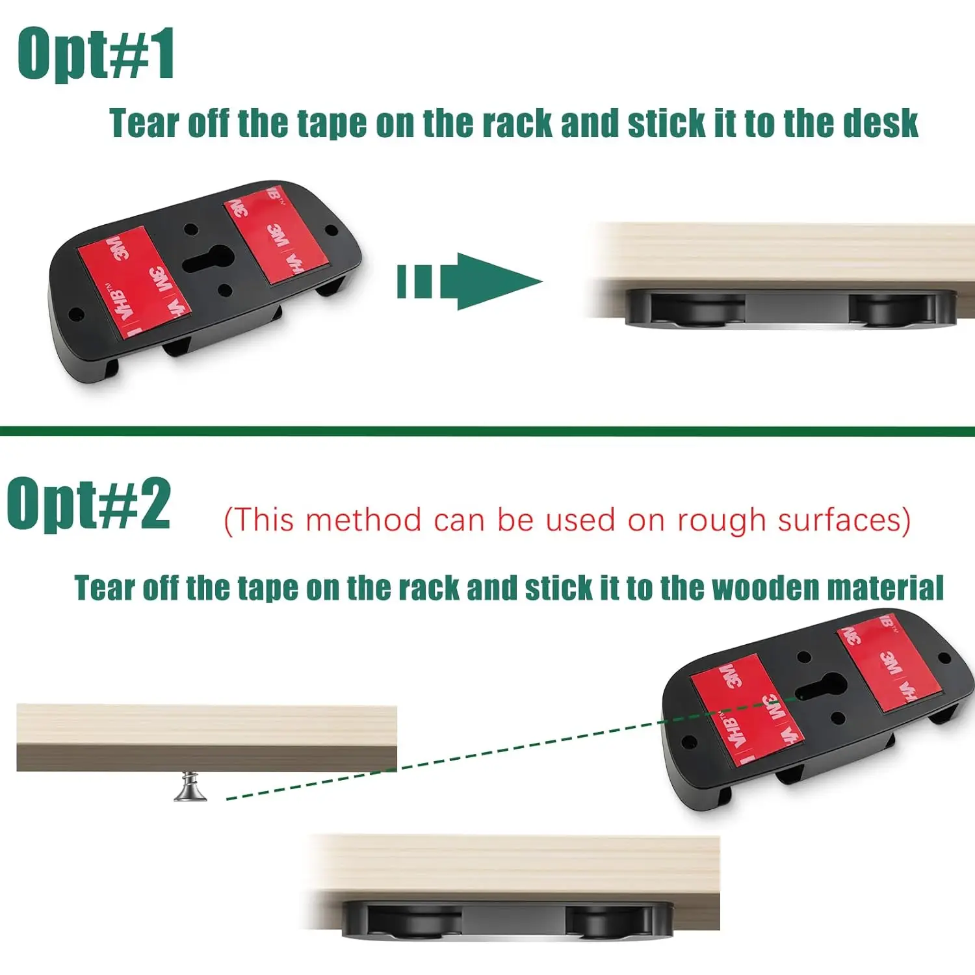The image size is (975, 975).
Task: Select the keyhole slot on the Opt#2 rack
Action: tap(821, 688)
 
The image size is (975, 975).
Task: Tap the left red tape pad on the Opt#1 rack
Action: tap(133, 282)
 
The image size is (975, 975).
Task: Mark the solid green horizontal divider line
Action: tap(487, 431)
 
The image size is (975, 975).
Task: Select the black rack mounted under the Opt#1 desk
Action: tap(790, 309)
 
